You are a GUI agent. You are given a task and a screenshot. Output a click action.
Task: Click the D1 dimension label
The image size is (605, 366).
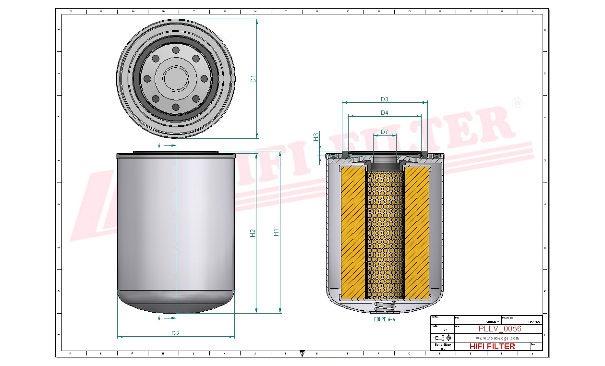click(x=254, y=79)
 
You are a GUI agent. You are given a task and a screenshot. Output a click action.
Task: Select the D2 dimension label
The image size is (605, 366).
click(x=176, y=333)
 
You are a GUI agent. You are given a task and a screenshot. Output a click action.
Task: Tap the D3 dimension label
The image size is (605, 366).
click(x=385, y=99)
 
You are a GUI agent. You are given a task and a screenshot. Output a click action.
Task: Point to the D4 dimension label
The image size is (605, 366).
click(x=385, y=113)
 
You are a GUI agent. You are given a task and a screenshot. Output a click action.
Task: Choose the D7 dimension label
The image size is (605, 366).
click(x=385, y=132)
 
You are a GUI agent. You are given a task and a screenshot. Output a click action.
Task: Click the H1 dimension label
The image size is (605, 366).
click(x=276, y=232)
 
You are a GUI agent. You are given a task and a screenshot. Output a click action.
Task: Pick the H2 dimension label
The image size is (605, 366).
click(x=253, y=232)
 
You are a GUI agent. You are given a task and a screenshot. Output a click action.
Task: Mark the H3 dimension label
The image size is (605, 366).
click(x=316, y=137)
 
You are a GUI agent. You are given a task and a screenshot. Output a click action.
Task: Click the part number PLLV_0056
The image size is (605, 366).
click(x=500, y=329)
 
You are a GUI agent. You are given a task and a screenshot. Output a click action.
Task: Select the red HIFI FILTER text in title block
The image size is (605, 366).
click(x=492, y=346)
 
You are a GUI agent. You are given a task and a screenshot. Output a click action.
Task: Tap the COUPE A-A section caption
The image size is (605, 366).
click(x=384, y=319)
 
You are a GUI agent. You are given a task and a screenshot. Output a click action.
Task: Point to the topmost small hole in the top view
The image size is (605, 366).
click(x=176, y=50)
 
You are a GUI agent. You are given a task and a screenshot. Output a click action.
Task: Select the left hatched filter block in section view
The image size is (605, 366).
click(x=353, y=232)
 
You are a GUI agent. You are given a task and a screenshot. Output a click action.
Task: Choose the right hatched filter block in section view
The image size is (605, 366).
click(x=417, y=232)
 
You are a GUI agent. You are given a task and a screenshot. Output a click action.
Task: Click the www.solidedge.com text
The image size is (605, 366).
click(x=498, y=338)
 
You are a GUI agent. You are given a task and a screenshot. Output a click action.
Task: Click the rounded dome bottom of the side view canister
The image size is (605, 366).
click(x=176, y=303)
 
